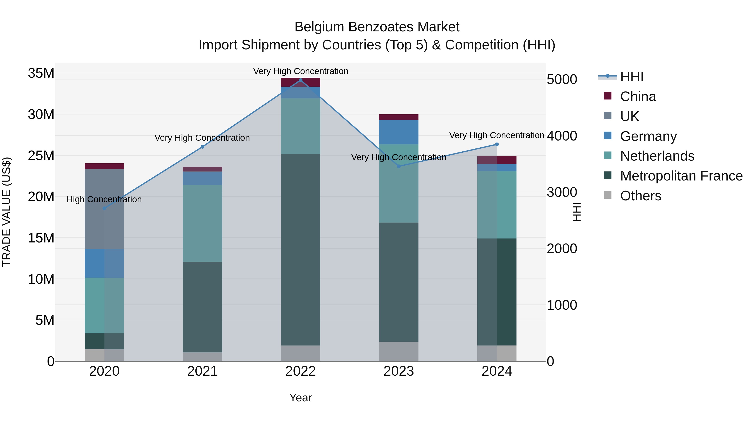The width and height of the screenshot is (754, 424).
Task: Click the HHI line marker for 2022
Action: [300, 80]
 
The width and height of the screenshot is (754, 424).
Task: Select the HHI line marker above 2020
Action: [104, 208]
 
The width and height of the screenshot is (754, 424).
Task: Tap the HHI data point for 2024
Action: [497, 144]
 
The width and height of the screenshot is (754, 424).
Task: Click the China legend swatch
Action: [608, 96]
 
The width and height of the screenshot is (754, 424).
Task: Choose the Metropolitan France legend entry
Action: [681, 176]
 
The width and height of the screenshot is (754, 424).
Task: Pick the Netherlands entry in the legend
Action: [657, 156]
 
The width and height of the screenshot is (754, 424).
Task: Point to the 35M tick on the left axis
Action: [41, 73]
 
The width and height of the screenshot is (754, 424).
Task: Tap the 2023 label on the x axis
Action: [398, 371]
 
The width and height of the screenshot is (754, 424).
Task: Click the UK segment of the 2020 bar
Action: [104, 209]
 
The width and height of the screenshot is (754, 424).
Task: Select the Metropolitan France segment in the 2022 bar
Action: [300, 249]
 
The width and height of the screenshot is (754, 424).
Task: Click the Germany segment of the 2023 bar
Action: [398, 132]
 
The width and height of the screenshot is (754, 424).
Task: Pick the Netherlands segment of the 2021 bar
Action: [202, 223]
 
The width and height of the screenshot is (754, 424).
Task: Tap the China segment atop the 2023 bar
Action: [398, 117]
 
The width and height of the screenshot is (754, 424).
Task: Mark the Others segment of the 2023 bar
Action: [398, 351]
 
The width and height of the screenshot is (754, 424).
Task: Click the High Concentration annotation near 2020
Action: [104, 199]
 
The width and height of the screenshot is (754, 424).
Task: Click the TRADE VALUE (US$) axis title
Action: [6, 212]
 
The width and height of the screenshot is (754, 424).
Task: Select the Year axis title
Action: [300, 398]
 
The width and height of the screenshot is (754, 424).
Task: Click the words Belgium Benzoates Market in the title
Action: [377, 27]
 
